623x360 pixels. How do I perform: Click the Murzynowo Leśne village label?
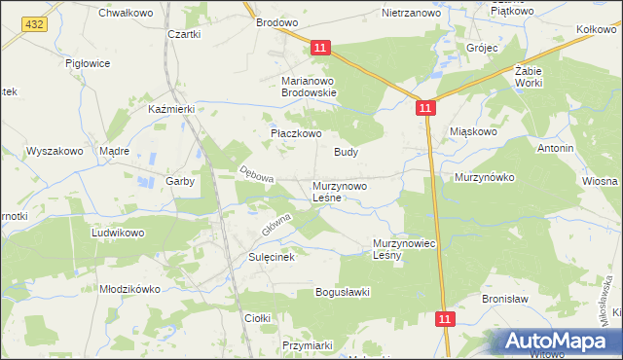[339, 191]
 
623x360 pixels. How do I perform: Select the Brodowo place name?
[276, 21]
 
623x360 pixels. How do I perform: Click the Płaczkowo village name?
[295, 134]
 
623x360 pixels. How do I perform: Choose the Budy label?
[347, 153]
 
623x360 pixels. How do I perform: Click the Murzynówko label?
[484, 178]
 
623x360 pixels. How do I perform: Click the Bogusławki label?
[342, 292]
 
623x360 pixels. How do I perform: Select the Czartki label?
[184, 34]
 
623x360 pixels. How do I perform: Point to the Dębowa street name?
[257, 175]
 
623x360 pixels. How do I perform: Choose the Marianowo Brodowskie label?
[309, 87]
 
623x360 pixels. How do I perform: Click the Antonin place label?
[555, 148]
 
